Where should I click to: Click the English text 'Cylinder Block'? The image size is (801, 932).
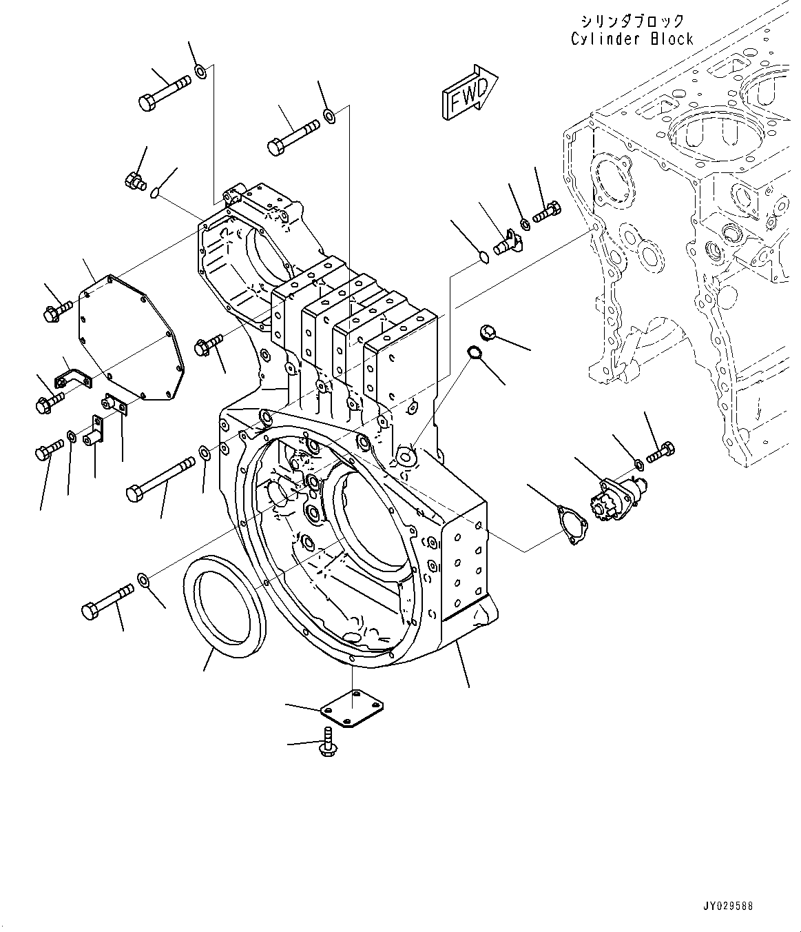[x=632, y=39]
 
